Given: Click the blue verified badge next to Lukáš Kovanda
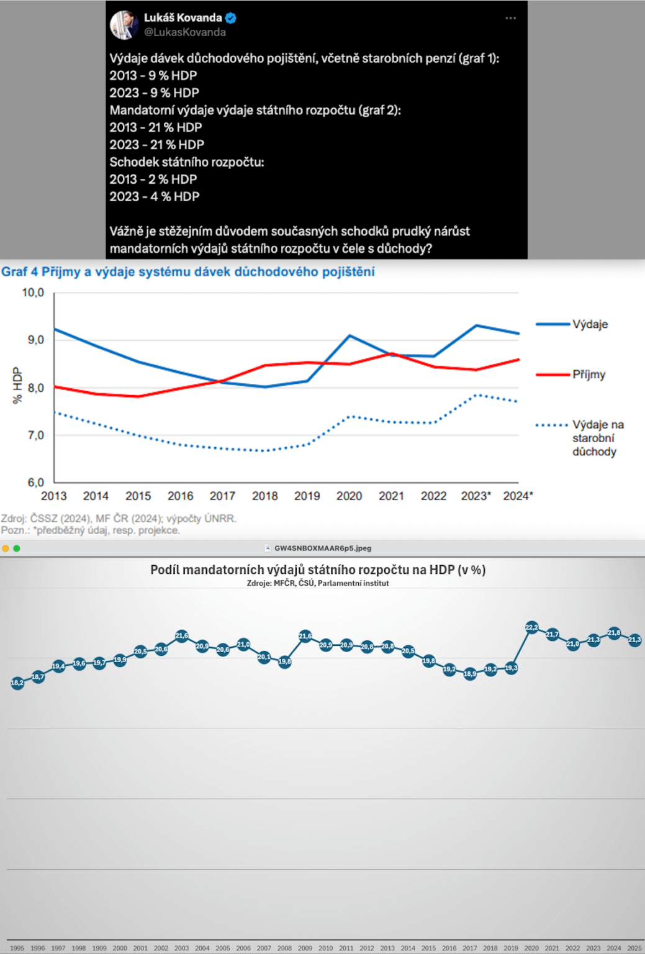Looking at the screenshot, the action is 231,18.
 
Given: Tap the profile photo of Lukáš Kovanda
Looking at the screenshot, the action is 124,25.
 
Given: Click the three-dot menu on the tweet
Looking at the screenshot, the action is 510,18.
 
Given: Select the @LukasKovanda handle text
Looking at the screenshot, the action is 185,32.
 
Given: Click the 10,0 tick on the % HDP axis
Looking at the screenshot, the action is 33,293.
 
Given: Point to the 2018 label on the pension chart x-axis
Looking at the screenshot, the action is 265,496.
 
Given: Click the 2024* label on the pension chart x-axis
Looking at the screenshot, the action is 518,496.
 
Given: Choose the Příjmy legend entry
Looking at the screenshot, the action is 571,375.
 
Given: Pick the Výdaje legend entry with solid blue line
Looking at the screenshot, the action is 571,324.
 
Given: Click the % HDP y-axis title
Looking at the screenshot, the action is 17,384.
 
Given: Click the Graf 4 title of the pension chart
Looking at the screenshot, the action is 187,271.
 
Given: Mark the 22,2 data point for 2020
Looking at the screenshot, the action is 531,627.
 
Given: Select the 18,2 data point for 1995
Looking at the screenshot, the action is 17,683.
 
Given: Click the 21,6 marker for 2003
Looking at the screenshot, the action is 182,636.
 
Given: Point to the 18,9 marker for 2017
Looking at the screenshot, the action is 469,674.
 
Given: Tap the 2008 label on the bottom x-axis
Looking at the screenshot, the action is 284,948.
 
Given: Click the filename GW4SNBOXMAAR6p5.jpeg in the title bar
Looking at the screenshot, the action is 323,548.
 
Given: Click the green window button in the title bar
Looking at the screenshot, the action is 17,548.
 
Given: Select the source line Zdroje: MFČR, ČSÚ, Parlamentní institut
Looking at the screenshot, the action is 318,583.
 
